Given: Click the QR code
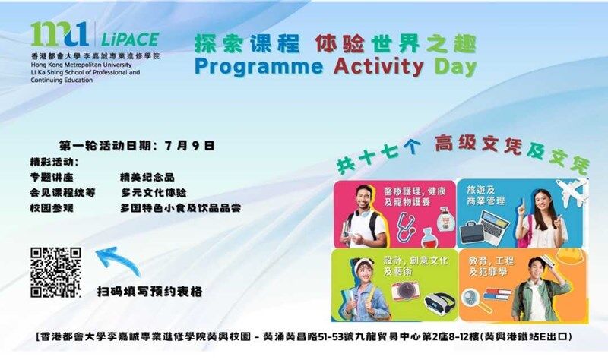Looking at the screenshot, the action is coord(55,272).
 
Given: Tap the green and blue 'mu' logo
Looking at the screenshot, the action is coord(60,34).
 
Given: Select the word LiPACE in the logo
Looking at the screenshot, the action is coord(130,39).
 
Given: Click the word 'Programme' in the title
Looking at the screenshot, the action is coord(258,68).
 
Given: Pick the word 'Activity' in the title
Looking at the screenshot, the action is coord(378,67).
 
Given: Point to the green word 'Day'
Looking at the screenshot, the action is coord(455,68).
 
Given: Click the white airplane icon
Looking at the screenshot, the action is coord(572,192).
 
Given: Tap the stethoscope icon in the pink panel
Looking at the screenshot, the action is coord(405,226).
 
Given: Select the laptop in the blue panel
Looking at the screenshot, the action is coord(493,226).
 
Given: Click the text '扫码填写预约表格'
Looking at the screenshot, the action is coord(150,292).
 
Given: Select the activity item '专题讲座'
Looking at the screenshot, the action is coord(52,178).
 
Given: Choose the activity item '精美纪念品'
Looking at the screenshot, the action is coord(147,178).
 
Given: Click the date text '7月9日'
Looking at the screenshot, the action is coord(189,146).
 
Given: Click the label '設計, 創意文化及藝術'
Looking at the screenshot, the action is coord(416,266).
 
